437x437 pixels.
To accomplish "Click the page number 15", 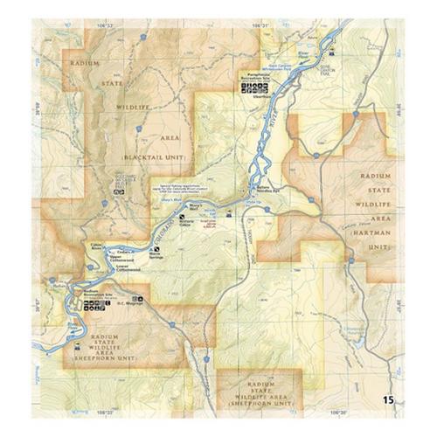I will click(x=387, y=399).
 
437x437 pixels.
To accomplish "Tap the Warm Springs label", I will click(x=157, y=256).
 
